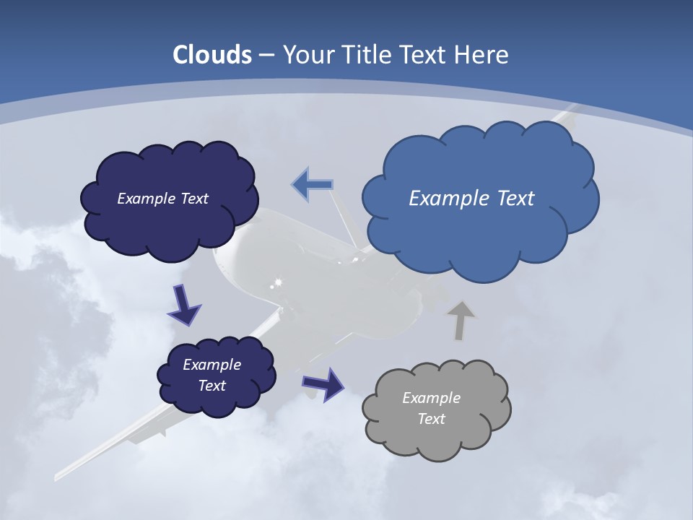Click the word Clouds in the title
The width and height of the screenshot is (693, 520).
[212, 55]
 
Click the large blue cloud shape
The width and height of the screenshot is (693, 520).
[480, 202]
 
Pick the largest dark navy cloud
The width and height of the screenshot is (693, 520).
[170, 201]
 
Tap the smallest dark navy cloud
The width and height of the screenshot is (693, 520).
[217, 376]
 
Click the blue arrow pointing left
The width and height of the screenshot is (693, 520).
[312, 185]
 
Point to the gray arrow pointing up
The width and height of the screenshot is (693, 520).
[461, 321]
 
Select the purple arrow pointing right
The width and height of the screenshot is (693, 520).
[323, 383]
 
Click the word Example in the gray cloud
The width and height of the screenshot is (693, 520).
[431, 398]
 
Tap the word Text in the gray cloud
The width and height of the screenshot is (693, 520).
[431, 419]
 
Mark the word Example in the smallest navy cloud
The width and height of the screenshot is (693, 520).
[212, 365]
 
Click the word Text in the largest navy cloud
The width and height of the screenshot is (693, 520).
[193, 199]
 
